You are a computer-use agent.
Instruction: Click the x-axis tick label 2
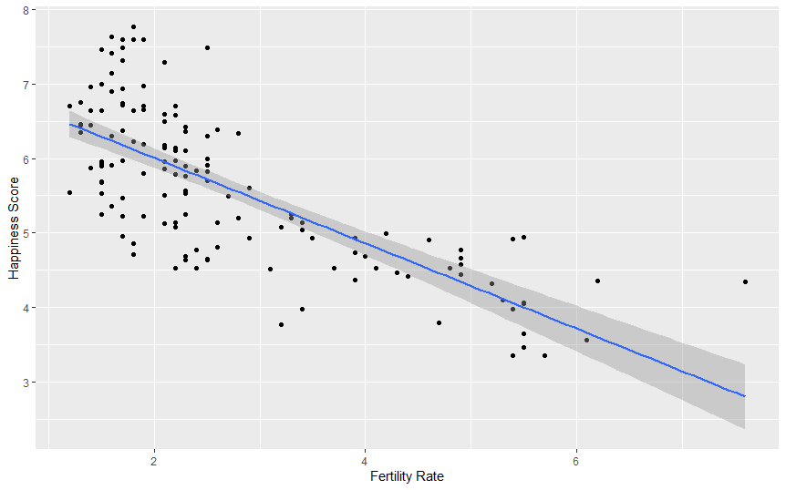click(x=154, y=458)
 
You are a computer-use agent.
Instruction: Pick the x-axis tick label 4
click(x=365, y=458)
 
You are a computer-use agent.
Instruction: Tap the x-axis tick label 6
click(x=576, y=458)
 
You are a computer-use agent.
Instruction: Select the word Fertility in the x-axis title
click(x=391, y=476)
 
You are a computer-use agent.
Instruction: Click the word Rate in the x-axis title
click(x=430, y=476)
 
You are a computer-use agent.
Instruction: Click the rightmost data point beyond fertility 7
click(x=745, y=281)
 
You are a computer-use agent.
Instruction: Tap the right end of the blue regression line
click(x=745, y=396)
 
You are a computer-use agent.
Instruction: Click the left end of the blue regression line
click(x=70, y=124)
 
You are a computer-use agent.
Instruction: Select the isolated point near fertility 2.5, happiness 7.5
click(x=207, y=47)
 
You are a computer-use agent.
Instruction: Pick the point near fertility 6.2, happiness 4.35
click(x=597, y=281)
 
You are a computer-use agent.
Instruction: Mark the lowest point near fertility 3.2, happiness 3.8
click(x=281, y=324)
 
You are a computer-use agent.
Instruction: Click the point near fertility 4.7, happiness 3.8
click(x=439, y=322)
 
